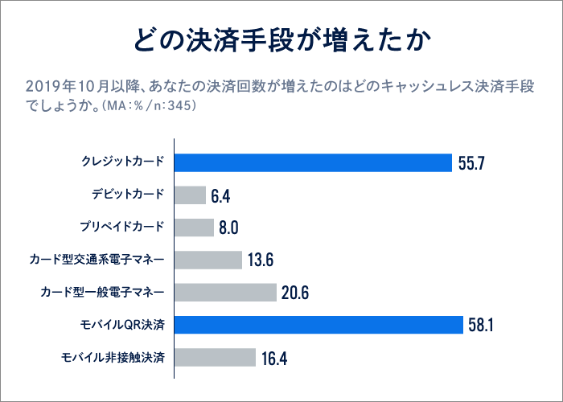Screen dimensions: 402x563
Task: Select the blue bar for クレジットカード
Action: [314, 163]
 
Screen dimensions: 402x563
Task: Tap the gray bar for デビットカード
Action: [191, 195]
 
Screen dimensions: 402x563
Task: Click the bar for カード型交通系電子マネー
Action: [208, 260]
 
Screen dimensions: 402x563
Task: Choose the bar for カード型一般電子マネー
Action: [226, 293]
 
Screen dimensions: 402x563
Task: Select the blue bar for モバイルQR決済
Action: [319, 325]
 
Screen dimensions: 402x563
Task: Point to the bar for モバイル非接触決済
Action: [216, 357]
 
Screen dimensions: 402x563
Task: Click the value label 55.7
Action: [472, 164]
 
